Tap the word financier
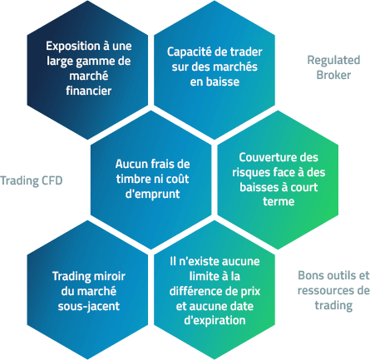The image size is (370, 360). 89,91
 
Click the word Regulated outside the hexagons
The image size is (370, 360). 333,61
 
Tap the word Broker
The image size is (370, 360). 333,75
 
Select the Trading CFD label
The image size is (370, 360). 32,180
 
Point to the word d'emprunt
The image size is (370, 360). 152,194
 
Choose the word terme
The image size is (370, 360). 279,201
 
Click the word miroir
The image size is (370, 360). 110,276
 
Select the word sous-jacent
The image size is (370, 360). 89,306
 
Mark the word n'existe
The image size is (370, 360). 199,261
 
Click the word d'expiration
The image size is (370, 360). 215,321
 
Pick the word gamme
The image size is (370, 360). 96,62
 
